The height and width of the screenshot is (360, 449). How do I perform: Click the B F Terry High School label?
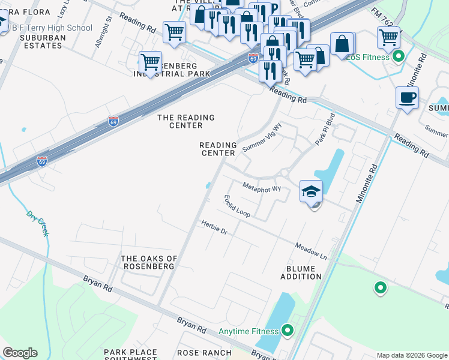(x=52, y=28)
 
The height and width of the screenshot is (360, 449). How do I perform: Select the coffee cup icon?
(x=407, y=97)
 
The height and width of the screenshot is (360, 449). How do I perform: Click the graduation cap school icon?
(x=312, y=192)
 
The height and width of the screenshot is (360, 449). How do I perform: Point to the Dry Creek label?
(x=37, y=223)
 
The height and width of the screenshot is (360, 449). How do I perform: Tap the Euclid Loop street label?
(x=237, y=206)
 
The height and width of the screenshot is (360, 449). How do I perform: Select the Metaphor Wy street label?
(x=261, y=187)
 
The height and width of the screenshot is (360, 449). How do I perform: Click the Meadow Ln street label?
(x=310, y=251)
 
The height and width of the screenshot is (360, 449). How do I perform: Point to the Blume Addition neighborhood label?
(x=301, y=272)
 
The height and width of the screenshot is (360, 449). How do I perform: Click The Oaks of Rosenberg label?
(x=149, y=262)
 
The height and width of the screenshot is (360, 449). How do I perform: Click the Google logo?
(x=20, y=353)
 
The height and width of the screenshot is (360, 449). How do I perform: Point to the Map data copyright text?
(x=412, y=355)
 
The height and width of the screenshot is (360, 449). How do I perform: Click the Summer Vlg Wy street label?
(x=262, y=137)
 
